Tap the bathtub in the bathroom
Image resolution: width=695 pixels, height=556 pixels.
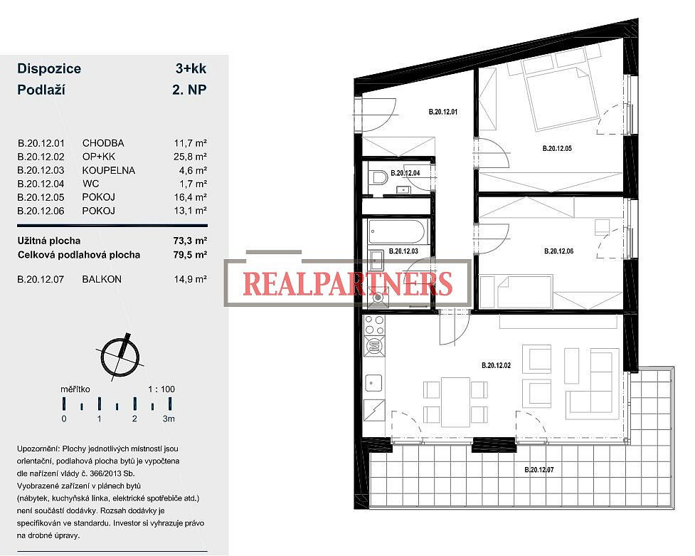tap(397, 231)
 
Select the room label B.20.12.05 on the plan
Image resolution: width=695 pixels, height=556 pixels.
tap(557, 149)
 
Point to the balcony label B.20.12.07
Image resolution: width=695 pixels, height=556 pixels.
tap(539, 469)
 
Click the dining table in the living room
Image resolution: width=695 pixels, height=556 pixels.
tap(455, 401)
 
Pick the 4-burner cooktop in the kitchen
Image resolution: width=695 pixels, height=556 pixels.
tap(374, 325)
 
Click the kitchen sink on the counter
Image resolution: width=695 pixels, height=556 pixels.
tap(373, 382)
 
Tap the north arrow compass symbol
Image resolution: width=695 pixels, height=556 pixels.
tap(120, 356)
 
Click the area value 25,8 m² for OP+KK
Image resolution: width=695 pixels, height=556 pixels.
tap(190, 157)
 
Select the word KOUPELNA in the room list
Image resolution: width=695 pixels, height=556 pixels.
tap(109, 170)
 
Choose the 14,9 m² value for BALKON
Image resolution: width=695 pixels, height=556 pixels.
tap(190, 279)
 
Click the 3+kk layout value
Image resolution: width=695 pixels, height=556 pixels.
tap(191, 68)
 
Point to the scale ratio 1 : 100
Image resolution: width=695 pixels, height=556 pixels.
tap(161, 389)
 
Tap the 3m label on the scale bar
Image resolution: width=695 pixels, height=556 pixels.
tap(169, 419)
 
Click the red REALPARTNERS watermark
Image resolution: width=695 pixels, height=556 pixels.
tap(348, 283)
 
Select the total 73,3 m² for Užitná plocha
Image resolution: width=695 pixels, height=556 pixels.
tap(190, 241)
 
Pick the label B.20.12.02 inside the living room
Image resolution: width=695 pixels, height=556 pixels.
tap(496, 366)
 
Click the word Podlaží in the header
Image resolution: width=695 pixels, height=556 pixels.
tap(41, 90)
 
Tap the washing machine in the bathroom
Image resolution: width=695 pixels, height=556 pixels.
tap(377, 298)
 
